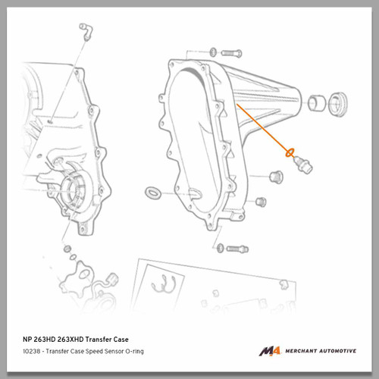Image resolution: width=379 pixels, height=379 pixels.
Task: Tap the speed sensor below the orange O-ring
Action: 303,164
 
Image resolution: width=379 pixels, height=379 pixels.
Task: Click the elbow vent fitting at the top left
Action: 86,31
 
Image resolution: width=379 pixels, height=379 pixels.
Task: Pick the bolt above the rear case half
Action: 231,53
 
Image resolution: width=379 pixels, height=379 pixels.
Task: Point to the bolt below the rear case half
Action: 237,249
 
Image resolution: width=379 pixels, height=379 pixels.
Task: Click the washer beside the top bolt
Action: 213,52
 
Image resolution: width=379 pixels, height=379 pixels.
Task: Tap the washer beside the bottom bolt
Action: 220,248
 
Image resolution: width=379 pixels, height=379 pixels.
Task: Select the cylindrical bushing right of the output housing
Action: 316,103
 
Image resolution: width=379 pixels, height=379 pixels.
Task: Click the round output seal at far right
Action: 338,105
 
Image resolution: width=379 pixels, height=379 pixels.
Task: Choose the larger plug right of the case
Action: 276,177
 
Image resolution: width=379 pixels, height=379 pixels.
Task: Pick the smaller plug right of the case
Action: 261,202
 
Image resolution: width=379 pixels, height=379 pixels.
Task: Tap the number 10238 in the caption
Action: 31,351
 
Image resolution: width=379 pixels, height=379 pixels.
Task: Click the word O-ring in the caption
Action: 134,351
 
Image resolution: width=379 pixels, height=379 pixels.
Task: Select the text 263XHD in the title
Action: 70,340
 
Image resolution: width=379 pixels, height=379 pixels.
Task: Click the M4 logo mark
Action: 270,351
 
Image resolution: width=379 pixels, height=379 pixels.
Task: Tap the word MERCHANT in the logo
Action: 301,351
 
